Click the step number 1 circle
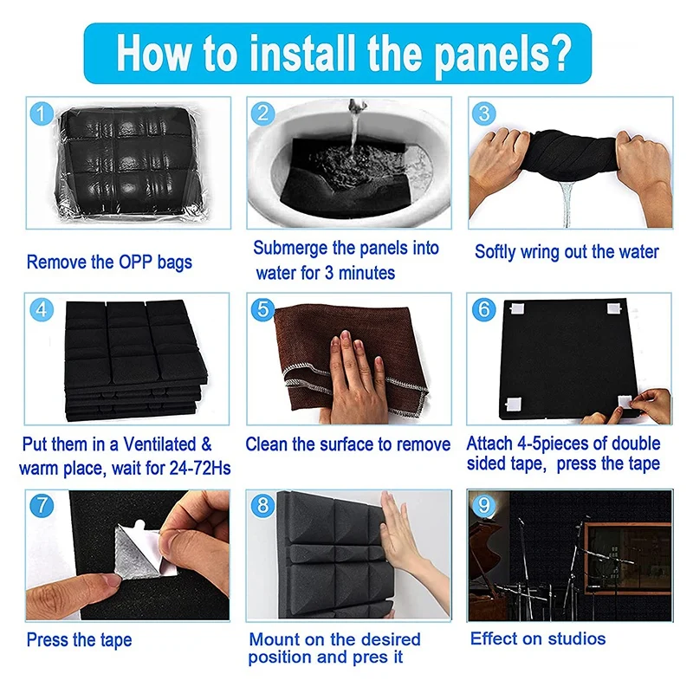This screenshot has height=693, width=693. [42, 113]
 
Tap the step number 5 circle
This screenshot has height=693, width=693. [262, 309]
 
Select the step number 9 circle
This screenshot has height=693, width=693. [483, 505]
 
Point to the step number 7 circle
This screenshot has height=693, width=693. [42, 505]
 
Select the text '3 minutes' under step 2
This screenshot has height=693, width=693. [359, 273]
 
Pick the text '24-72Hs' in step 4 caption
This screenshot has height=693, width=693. [200, 469]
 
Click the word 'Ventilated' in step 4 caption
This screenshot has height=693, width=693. [159, 444]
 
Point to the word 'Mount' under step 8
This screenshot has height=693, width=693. [271, 639]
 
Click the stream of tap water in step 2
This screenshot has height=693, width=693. [354, 128]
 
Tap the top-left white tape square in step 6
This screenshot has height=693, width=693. [516, 308]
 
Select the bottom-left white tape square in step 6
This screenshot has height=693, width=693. [513, 404]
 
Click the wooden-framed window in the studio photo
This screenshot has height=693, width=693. [627, 558]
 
